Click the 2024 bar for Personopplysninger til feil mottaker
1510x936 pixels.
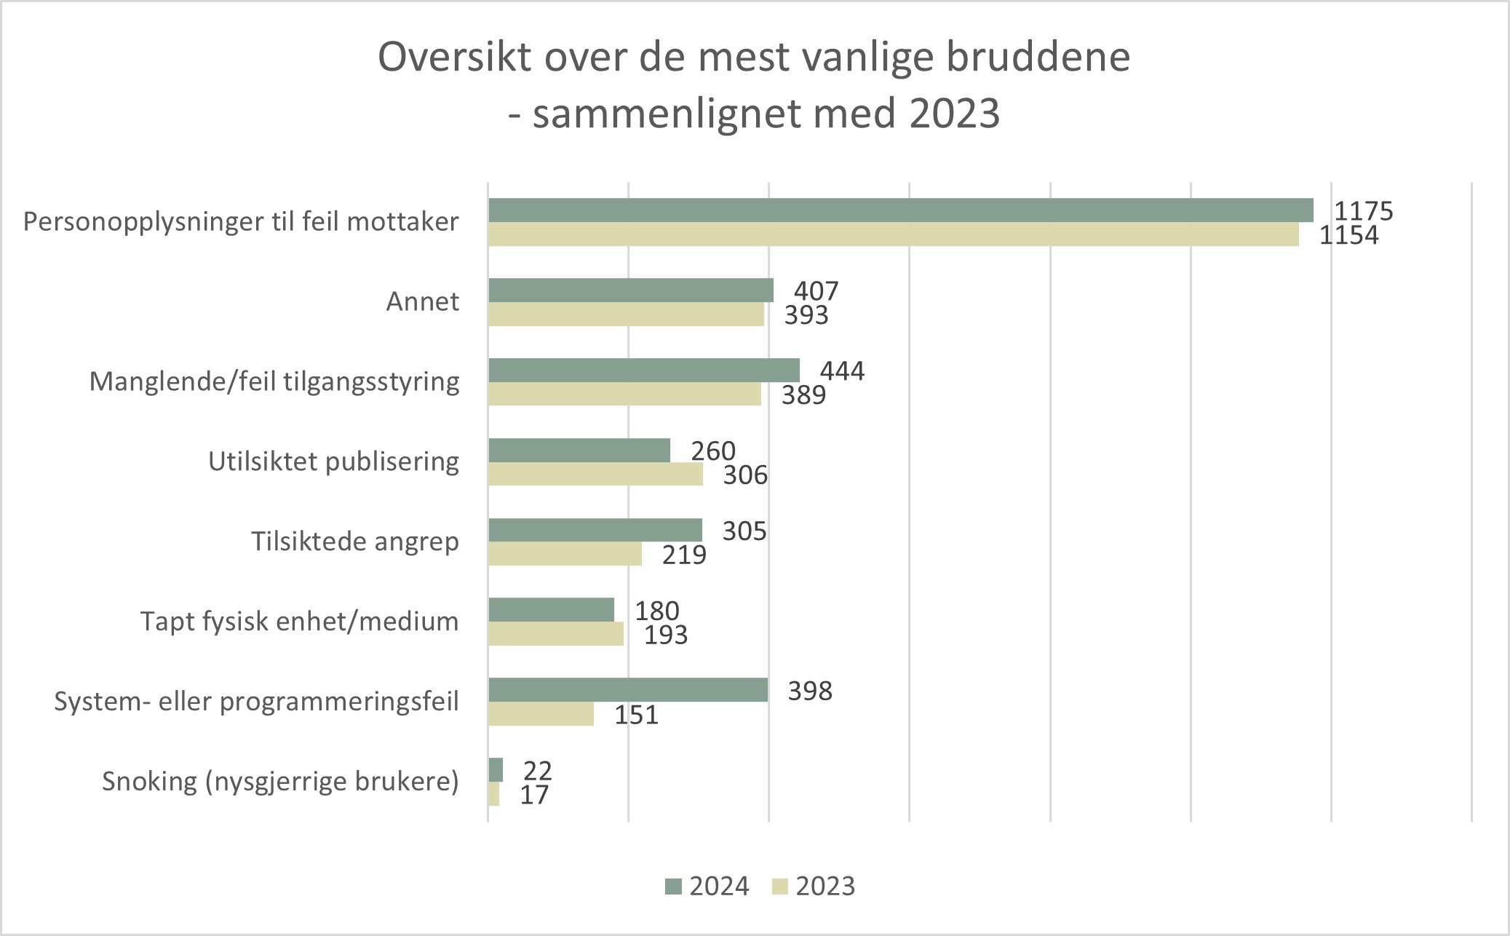[x=900, y=210]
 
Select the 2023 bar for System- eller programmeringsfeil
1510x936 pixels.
[x=541, y=714]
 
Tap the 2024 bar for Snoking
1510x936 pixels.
[x=496, y=769]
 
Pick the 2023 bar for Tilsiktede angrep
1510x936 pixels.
[x=565, y=554]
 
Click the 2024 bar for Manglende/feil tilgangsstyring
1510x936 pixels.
[x=643, y=370]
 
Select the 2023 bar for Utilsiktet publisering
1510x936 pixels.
[x=595, y=474]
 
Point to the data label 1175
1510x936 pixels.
[x=1363, y=211]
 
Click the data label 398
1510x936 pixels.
[x=810, y=691]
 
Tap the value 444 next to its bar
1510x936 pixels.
[x=842, y=371]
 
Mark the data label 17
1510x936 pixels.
[x=534, y=795]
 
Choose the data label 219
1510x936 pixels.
[x=684, y=555]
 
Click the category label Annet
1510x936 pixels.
[x=422, y=301]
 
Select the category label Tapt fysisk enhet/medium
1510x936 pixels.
[x=299, y=622]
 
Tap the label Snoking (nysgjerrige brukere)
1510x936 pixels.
[x=280, y=782]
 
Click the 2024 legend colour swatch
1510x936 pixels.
[x=673, y=887]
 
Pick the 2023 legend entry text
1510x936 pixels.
[x=825, y=887]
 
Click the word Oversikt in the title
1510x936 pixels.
[x=455, y=57]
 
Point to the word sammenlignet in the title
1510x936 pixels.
[x=667, y=114]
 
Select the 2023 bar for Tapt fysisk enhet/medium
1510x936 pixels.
[x=555, y=634]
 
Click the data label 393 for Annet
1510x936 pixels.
[x=806, y=315]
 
